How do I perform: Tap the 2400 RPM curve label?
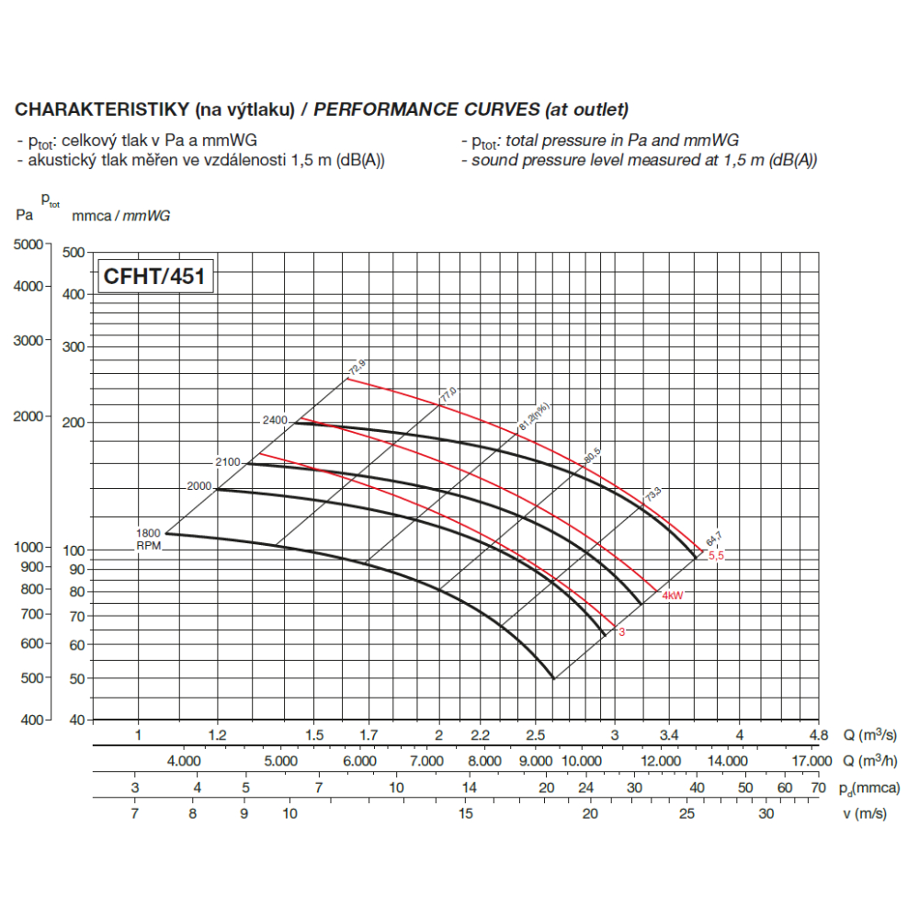pos(275,420)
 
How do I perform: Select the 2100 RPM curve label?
pos(229,462)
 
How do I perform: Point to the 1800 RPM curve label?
pos(149,533)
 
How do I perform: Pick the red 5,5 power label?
pos(716,556)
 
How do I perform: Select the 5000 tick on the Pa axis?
pos(30,244)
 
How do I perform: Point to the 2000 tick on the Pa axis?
pos(30,416)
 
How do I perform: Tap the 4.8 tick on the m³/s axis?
pos(818,735)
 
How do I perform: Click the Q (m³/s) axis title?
pos(868,735)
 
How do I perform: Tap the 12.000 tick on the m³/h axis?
pos(661,761)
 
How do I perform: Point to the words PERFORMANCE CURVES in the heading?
pos(426,110)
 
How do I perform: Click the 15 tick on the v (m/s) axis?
pos(466,813)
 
